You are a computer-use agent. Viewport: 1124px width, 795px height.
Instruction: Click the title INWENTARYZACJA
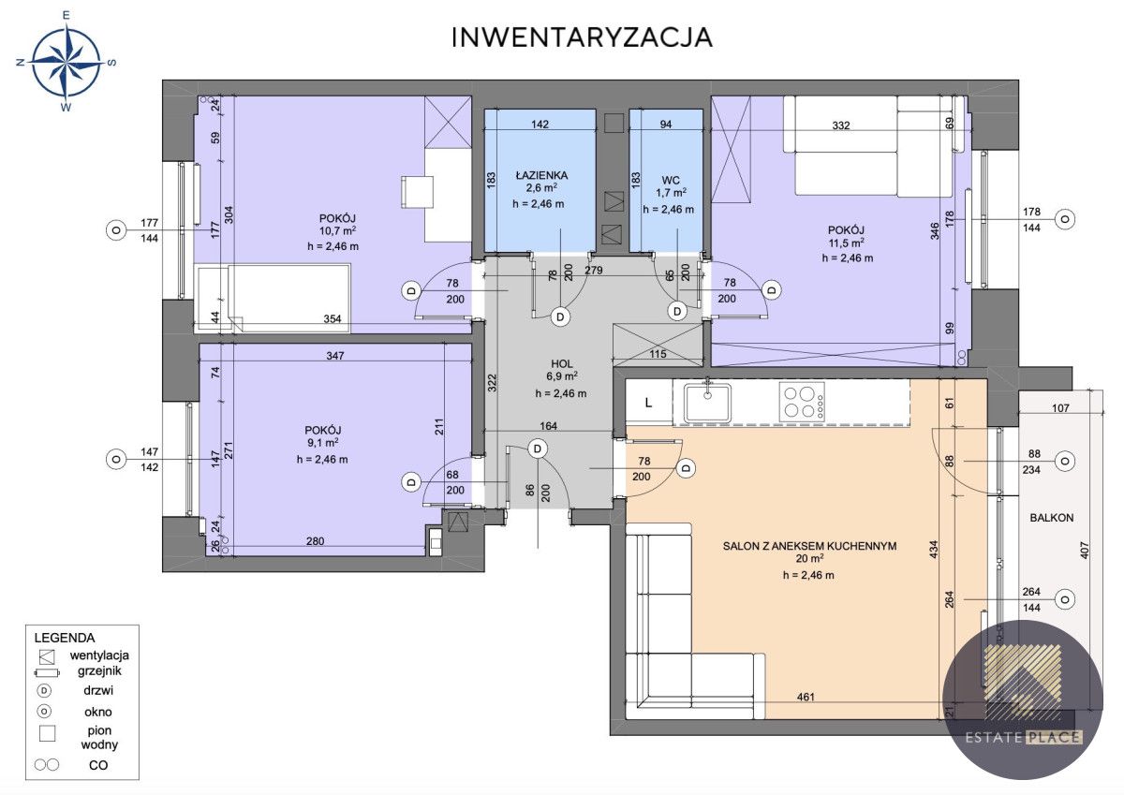point(582,37)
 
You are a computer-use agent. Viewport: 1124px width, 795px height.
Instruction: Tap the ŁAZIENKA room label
point(542,175)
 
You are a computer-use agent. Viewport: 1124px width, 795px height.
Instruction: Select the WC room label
point(671,181)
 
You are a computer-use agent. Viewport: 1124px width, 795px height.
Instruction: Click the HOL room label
point(561,364)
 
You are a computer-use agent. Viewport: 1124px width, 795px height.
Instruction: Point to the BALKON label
point(1052,518)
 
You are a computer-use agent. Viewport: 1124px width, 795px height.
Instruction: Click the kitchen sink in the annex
point(707,402)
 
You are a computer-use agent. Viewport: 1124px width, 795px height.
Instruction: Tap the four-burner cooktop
point(802,402)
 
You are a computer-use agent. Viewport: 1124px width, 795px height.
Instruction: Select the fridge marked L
point(649,403)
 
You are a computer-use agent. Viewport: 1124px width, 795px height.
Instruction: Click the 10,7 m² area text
point(338,230)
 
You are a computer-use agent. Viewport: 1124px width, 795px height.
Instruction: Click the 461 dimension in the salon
point(806,697)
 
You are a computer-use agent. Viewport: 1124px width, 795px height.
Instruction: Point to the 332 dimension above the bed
point(841,125)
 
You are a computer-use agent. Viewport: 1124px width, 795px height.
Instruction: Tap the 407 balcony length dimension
point(1084,551)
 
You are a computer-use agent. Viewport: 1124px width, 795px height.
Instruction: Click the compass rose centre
point(67,62)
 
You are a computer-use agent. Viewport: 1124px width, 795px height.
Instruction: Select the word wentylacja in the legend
point(99,655)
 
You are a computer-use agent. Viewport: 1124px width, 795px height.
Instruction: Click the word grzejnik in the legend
point(99,671)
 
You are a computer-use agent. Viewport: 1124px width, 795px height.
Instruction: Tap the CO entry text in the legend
point(98,765)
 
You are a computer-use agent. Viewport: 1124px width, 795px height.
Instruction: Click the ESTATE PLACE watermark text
point(1024,737)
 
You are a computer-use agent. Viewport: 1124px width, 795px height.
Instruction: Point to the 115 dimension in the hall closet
point(658,354)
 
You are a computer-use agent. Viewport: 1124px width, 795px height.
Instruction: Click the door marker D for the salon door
point(686,468)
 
